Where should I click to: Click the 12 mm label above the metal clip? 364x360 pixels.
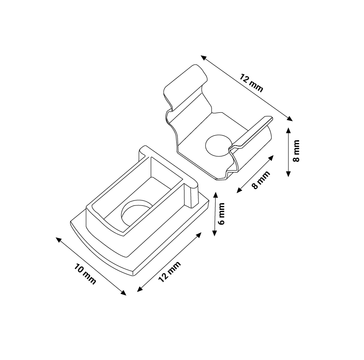click(x=252, y=83)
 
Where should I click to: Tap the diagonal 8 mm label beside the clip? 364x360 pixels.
click(x=261, y=180)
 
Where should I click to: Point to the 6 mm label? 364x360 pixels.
click(x=221, y=213)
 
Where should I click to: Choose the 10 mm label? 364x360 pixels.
click(x=85, y=274)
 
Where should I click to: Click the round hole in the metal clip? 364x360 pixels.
click(x=219, y=145)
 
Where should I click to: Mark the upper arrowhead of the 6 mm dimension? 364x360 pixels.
click(x=215, y=195)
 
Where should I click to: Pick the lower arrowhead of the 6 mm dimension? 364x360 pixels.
click(x=215, y=233)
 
